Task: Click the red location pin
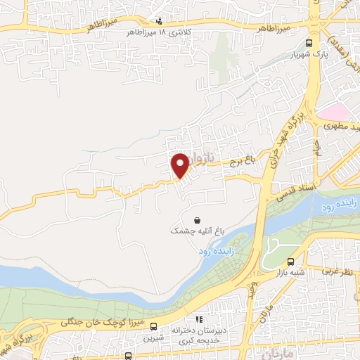tap(181, 165)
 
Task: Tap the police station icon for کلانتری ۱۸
tap(159, 22)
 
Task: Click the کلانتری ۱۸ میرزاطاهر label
tap(150, 32)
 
